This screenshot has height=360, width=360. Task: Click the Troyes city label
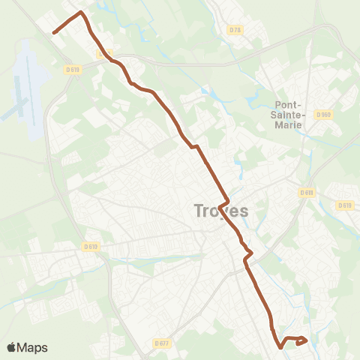tap(220, 211)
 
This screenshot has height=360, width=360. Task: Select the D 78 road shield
tap(235, 30)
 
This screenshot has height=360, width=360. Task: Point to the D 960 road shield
tap(323, 115)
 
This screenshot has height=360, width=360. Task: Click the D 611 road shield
tap(306, 192)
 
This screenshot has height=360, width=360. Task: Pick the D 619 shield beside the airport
tap(72, 69)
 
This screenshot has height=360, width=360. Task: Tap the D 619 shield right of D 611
tap(344, 205)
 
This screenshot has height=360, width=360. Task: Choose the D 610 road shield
tap(91, 245)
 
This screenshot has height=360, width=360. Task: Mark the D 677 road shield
tap(162, 343)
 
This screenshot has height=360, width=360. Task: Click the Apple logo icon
tap(11, 347)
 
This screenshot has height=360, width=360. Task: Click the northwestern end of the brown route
tap(54, 32)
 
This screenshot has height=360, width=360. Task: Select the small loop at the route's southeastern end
tap(301, 341)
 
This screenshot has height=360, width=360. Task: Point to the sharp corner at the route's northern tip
tap(81, 13)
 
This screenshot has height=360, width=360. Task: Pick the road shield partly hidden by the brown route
tap(101, 54)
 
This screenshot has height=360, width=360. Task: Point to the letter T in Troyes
tap(199, 211)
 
